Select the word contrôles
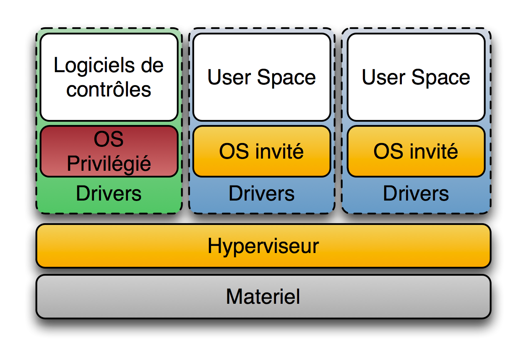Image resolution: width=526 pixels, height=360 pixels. [109, 90]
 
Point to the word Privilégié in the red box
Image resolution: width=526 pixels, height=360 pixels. [109, 164]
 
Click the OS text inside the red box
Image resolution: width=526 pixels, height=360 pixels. [109, 139]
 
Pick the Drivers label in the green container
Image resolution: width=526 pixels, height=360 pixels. [109, 194]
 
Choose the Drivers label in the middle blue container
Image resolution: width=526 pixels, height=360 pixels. [261, 194]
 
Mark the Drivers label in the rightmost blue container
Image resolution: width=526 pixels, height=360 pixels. [416, 194]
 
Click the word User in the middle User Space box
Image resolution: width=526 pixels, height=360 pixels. [229, 78]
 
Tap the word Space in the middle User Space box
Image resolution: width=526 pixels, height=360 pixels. [286, 78]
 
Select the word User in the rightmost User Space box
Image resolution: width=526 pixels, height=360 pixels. [383, 78]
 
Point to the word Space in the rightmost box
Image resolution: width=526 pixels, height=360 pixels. [441, 78]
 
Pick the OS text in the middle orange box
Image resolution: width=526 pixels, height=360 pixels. [234, 151]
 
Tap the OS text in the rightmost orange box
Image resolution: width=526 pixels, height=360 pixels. [388, 151]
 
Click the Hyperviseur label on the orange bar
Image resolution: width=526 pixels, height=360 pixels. [263, 246]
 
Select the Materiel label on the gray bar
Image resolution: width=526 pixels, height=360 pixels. [263, 297]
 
